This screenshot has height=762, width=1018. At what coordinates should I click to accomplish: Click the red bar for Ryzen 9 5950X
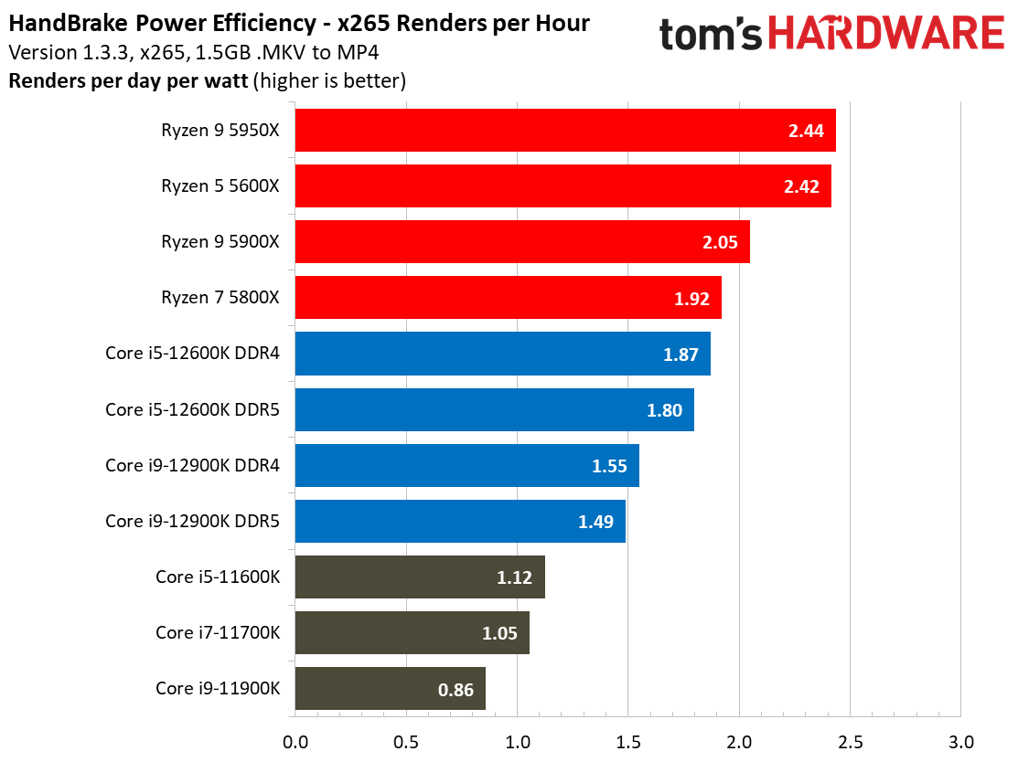coord(565,131)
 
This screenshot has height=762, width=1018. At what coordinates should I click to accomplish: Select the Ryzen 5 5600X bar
coord(563,186)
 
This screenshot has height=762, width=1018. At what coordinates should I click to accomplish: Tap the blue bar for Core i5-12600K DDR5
coord(495,410)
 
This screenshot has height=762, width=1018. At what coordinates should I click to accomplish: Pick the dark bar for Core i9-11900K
coord(391,689)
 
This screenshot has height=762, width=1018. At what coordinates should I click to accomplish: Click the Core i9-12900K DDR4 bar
coord(467,466)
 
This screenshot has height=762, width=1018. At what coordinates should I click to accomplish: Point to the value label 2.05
coord(720,242)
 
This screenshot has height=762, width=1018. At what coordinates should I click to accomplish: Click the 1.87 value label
coord(680,355)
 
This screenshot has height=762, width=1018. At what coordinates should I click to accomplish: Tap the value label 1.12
coord(514,577)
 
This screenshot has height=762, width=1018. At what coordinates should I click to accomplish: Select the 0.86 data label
coord(455,690)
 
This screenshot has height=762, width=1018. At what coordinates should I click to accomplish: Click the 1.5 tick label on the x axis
coord(628,742)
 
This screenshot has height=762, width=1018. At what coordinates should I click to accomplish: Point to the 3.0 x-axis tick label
coord(961,742)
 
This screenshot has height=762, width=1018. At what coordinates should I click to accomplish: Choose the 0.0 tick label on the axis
coord(295,742)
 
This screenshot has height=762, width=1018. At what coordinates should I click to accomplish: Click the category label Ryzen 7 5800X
coord(220,298)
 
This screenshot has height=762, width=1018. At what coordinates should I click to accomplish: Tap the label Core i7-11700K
coord(218,633)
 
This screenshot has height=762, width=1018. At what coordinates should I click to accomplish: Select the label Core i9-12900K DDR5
coord(192,522)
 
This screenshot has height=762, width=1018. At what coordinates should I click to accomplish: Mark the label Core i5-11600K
coord(218,577)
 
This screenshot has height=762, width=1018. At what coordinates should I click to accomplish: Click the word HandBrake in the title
coord(69,24)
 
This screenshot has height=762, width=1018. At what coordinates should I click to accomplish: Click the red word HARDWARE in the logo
coord(887,34)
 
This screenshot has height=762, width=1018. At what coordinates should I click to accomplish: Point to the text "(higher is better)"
coord(330,81)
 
